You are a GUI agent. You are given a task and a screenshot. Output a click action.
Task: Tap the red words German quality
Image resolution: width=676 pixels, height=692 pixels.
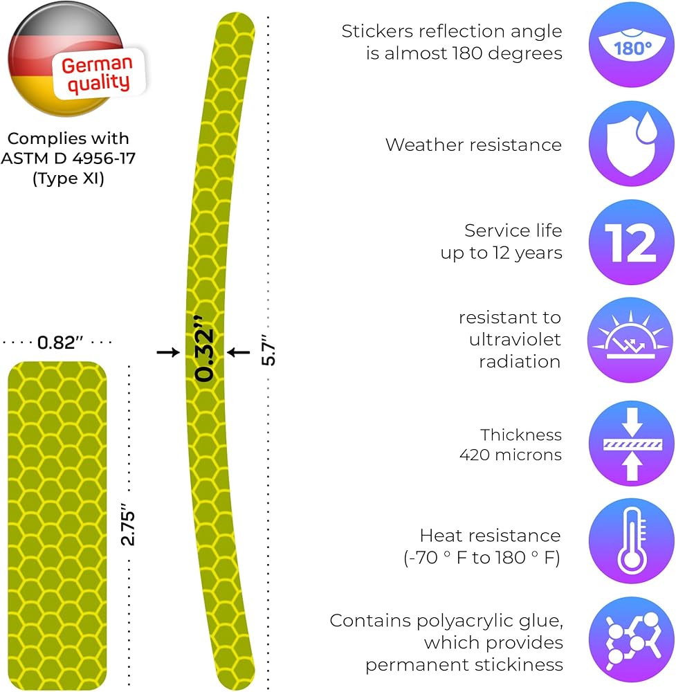[x=96, y=74]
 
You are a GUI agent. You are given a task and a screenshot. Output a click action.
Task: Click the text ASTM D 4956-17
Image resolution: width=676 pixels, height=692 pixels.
[x=68, y=158]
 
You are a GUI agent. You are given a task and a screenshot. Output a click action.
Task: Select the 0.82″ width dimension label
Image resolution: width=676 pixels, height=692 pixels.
[x=57, y=343]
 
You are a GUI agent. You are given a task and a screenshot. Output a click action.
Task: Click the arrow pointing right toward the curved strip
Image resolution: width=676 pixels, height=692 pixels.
[x=168, y=352]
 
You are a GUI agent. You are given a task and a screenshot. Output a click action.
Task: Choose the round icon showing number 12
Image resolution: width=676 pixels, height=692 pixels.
[x=631, y=242]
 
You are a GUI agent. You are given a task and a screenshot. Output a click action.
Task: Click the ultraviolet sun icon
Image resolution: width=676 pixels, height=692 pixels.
[x=631, y=340]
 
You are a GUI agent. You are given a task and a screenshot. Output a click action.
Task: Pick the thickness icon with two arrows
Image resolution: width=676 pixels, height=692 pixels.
[x=631, y=445]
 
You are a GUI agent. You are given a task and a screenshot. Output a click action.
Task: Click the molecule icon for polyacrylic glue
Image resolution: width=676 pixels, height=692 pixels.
[x=631, y=641]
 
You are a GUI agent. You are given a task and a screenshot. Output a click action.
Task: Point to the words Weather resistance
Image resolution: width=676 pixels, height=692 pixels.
[x=473, y=145]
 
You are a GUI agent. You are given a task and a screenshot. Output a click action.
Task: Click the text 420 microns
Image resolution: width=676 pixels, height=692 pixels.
[x=510, y=455]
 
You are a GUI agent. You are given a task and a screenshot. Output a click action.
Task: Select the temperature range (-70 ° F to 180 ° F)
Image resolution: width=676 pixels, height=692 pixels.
[x=482, y=558]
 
